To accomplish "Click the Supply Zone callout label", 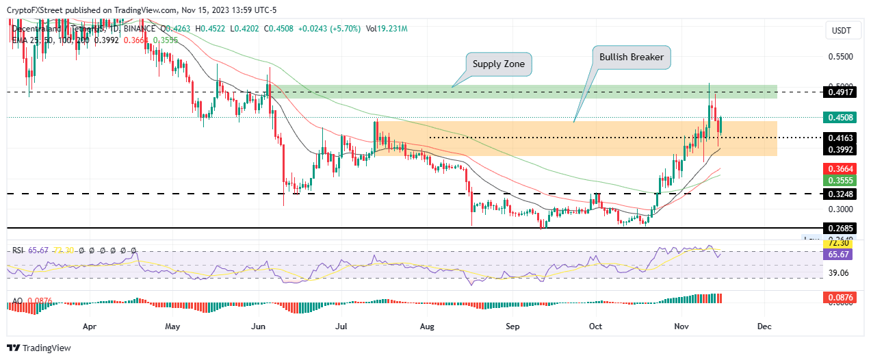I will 499,64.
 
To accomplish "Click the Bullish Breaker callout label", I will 630,57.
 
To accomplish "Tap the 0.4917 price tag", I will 841,92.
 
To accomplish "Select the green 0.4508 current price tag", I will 841,117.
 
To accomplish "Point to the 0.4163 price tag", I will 841,138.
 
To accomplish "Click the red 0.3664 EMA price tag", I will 841,168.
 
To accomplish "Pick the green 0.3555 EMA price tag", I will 841,181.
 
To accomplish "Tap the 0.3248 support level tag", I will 841,194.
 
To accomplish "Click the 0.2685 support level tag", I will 841,227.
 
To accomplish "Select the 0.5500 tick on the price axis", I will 841,57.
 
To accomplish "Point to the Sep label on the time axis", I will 512,326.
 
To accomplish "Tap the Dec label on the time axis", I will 764,326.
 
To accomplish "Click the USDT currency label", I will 841,31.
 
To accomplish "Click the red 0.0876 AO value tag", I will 841,298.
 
